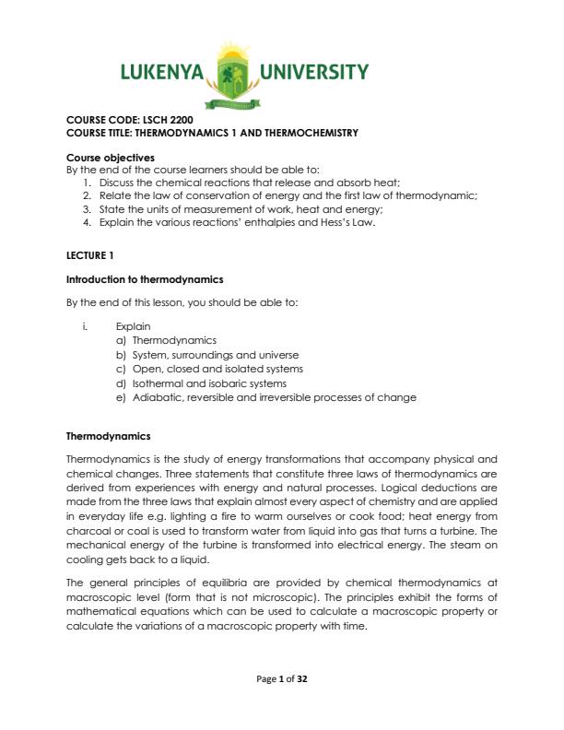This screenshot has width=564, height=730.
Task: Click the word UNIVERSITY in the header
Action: pos(314,73)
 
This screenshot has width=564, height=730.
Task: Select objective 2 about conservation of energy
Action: pos(288,195)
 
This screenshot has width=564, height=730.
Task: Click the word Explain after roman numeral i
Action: pos(133,326)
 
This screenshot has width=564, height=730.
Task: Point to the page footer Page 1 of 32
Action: pos(281,678)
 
